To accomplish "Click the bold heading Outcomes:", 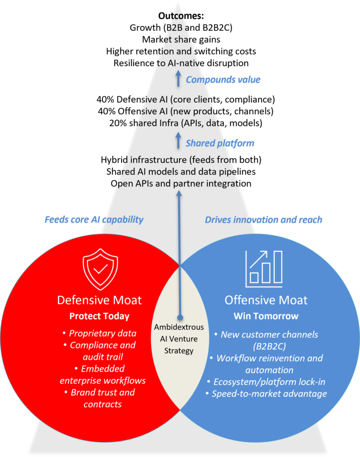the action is pos(181,16).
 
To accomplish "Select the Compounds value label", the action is pos(223,79).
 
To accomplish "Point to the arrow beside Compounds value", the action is pos(178,79).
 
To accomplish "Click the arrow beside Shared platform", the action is pos(178,141).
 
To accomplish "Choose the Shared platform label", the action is pos(220,143).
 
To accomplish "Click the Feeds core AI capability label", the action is pos(94,220).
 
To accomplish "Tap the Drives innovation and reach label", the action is pos(264,220).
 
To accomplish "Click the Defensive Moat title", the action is pos(100,300).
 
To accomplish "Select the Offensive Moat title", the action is pos(266,300).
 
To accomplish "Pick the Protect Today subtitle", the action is pos(100,316).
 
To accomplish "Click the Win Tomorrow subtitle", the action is pos(266,316).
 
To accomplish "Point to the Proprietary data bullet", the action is pos(100,333).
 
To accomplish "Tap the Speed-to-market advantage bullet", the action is pos(266,394).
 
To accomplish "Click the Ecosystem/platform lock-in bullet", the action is pos(266,382).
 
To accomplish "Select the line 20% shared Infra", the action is pos(186,123).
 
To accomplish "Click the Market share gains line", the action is pos(181,39).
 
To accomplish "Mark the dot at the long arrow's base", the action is pos(180,317).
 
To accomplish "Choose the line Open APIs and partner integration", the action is pos(181,183).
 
